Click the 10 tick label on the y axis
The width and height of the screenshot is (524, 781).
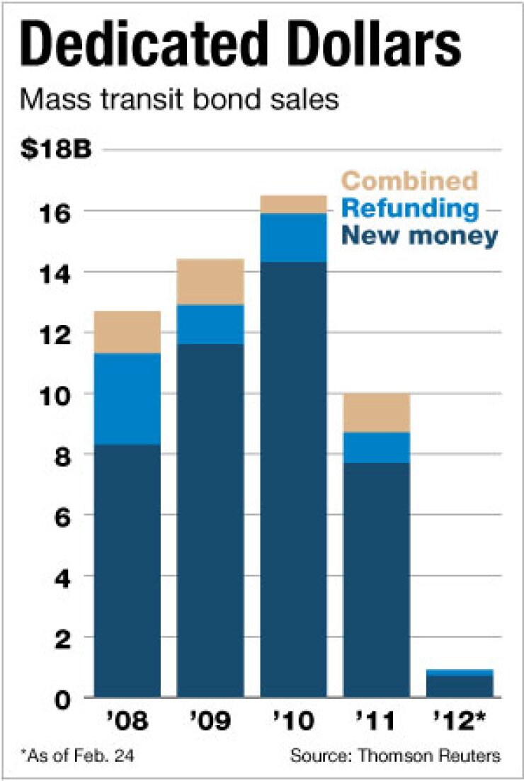click(63, 394)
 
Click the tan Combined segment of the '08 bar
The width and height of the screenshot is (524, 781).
click(127, 332)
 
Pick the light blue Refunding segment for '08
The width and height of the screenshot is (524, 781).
click(127, 399)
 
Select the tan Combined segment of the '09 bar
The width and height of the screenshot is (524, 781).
click(210, 282)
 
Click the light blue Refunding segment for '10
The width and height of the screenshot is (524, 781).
click(293, 237)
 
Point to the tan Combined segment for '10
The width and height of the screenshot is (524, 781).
click(293, 204)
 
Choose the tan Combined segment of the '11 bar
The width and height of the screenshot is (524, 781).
click(377, 413)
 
